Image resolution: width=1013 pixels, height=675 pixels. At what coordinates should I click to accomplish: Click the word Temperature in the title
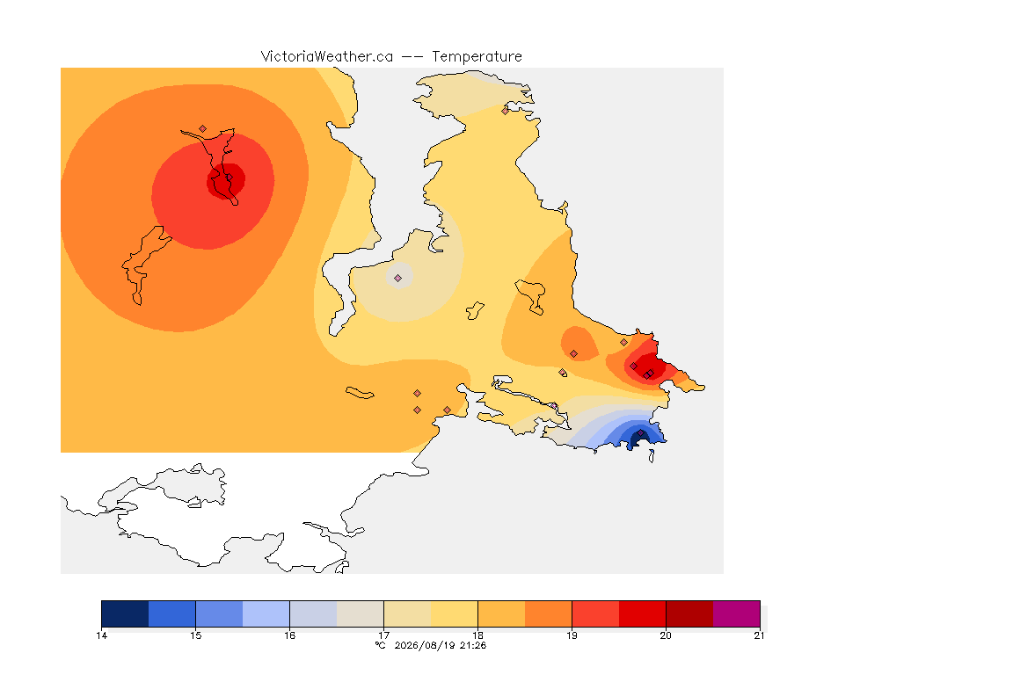[477, 57]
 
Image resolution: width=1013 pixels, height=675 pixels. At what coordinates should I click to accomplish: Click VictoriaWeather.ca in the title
[327, 57]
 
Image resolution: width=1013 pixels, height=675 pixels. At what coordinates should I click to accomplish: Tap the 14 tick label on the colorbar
[101, 635]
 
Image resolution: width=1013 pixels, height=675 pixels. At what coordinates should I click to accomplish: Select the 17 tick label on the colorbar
[383, 635]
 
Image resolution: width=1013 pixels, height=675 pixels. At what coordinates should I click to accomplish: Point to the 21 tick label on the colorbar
[759, 635]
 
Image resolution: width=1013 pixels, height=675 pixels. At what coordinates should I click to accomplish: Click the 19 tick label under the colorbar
[572, 635]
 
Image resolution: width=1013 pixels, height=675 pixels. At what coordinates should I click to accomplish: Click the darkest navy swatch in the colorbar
[125, 613]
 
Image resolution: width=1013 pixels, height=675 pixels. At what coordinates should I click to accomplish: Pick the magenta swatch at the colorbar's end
[737, 613]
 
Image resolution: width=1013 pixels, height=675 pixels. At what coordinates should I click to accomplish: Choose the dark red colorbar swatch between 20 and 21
[689, 613]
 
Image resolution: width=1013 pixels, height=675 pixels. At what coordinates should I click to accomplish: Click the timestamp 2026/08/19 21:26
[440, 645]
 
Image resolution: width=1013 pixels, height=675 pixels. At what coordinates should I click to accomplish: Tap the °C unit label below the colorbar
[381, 645]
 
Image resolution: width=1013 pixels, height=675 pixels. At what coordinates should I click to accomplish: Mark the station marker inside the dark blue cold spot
[640, 433]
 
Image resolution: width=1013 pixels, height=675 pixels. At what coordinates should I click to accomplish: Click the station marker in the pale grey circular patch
[398, 279]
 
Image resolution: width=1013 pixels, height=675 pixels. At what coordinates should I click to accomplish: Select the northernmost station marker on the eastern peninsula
[506, 111]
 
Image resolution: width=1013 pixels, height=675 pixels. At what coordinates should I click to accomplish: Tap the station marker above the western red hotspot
[203, 129]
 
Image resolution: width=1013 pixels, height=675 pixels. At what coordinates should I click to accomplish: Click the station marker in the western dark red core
[229, 178]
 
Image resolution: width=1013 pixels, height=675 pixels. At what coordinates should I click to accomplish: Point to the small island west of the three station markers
[360, 393]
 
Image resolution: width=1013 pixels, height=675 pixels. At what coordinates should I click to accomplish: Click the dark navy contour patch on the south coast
[638, 439]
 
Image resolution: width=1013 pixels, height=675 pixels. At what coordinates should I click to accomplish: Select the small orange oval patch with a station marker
[579, 343]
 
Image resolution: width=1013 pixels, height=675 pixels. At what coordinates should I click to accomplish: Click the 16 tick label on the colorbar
[289, 635]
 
